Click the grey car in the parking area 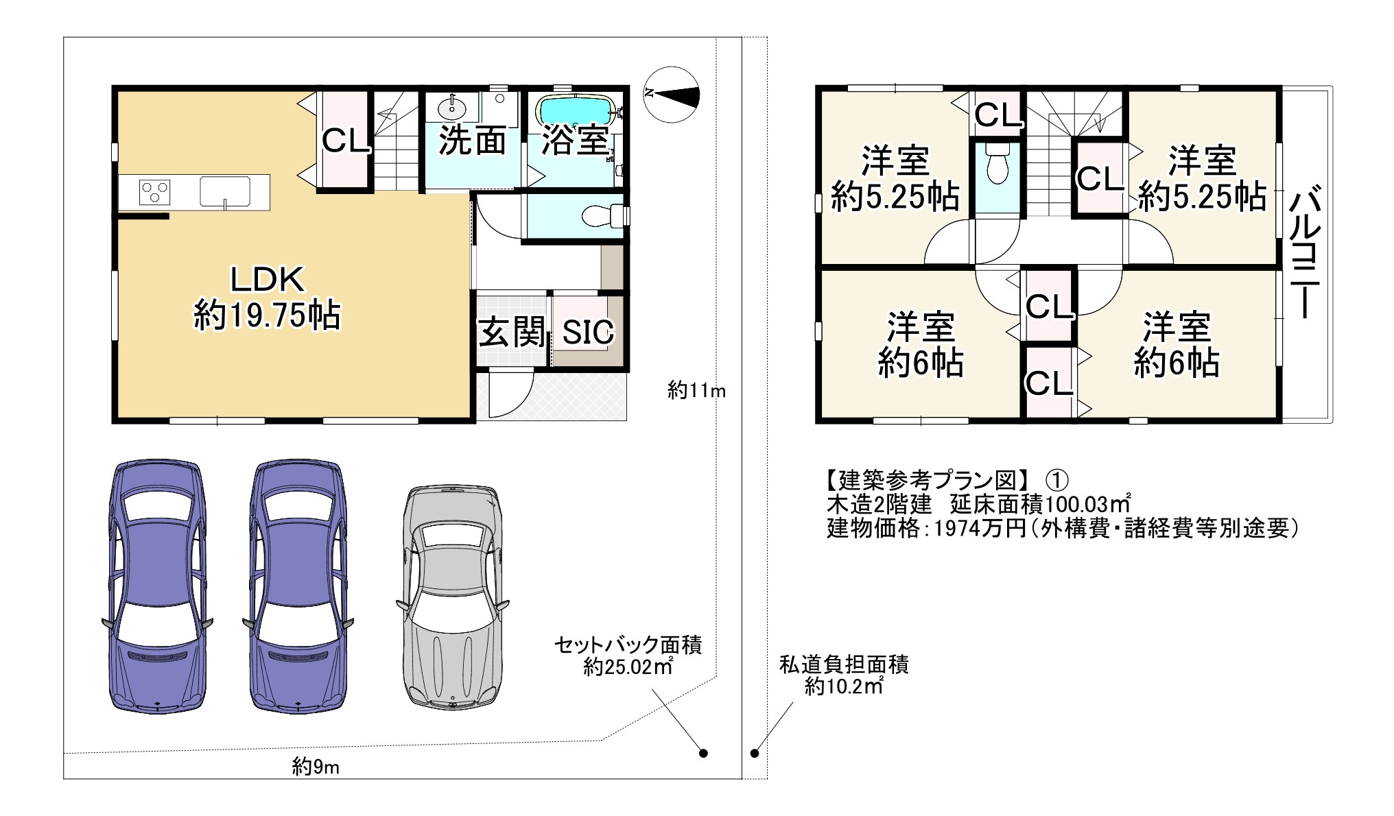452,597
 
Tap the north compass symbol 673,94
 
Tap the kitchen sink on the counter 225,191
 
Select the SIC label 588,333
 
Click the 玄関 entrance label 512,333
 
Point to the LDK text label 267,280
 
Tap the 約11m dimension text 696,391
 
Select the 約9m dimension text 316,766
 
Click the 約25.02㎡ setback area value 628,667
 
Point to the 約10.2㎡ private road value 844,686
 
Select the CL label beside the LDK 346,141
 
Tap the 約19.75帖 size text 267,316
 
